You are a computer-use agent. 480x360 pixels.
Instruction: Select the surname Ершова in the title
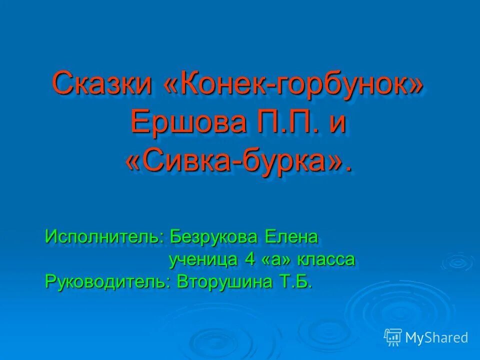(x=187, y=122)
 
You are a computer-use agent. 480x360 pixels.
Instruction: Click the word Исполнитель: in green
(x=104, y=236)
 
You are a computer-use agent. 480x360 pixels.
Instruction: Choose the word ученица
(x=202, y=259)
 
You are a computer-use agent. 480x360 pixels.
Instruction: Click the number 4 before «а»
(x=249, y=259)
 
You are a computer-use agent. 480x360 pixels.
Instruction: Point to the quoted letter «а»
(x=274, y=260)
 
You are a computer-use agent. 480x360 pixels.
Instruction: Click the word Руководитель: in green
(x=108, y=282)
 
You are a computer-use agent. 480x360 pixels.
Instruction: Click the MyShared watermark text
(x=436, y=337)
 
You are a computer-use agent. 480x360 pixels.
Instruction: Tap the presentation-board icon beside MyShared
(x=393, y=337)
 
